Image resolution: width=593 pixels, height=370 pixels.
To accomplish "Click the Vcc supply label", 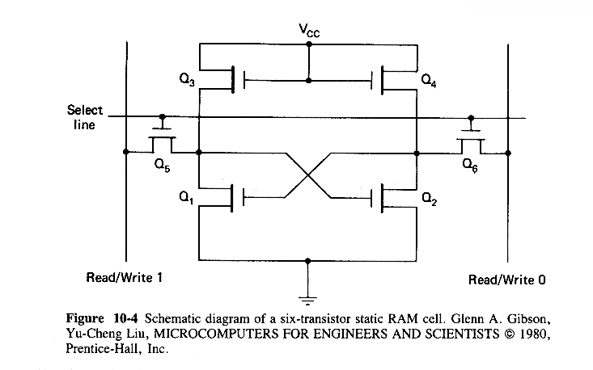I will tap(308, 32).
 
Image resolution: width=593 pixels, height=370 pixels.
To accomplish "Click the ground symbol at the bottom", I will tap(308, 293).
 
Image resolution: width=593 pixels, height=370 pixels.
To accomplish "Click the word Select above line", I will tap(83, 111).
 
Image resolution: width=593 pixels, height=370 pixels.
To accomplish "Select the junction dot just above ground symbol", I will tap(308, 261).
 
